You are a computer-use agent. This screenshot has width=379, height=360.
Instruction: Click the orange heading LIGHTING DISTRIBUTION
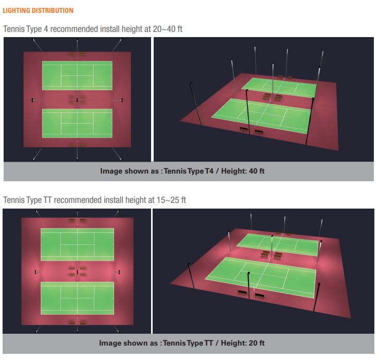click(38, 10)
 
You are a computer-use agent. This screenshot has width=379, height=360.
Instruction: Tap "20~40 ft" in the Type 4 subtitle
click(168, 29)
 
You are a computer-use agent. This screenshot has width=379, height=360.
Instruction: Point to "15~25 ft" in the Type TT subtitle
click(171, 200)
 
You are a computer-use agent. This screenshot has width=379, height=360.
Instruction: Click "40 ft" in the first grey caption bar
click(257, 171)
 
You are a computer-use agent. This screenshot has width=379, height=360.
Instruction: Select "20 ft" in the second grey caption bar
click(257, 343)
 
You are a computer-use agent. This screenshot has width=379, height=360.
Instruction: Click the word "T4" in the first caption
click(209, 171)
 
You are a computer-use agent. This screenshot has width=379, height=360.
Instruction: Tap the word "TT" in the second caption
click(208, 343)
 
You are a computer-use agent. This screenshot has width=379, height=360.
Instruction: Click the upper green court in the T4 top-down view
click(77, 76)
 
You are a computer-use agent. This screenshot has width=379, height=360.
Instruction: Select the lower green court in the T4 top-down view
click(77, 124)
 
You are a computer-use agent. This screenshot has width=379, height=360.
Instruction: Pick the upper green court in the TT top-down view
click(77, 244)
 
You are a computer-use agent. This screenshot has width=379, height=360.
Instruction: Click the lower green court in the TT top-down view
click(77, 298)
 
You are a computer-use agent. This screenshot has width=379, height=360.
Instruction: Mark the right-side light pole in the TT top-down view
click(118, 272)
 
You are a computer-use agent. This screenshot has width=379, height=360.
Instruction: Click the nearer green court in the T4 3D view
click(261, 115)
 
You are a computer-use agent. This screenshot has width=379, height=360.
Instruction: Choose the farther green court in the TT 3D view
click(278, 244)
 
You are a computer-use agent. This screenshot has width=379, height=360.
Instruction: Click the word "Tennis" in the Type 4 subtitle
click(14, 29)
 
